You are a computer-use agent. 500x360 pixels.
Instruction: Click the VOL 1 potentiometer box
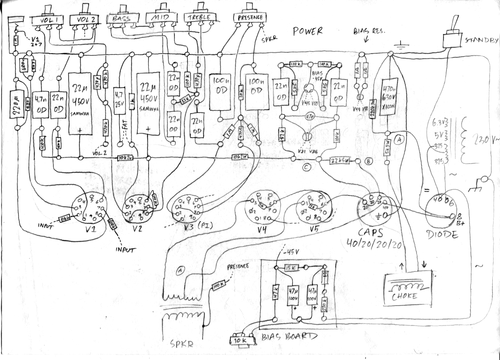[48, 20]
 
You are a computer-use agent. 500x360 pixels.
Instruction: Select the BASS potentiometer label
[122, 18]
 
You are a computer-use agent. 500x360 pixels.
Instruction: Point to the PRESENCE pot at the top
[249, 17]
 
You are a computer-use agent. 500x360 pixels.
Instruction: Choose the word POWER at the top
[307, 31]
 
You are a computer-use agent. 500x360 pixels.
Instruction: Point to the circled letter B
[368, 162]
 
